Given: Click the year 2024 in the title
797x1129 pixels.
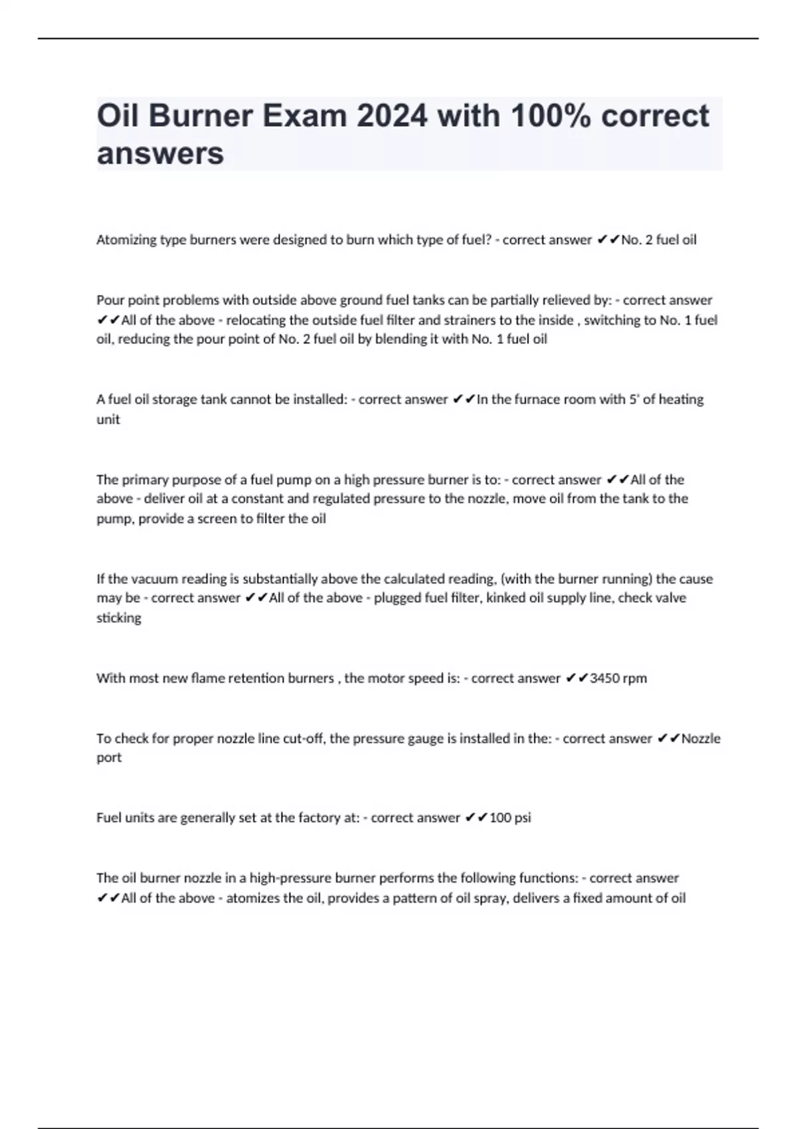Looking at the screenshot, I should click(x=392, y=116).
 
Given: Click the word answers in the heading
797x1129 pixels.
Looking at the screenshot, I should click(x=160, y=153).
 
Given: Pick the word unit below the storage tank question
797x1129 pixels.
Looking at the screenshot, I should click(x=108, y=420).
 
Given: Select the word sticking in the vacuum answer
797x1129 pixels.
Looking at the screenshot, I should click(x=119, y=618).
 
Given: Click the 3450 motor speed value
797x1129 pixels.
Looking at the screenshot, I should click(x=604, y=679).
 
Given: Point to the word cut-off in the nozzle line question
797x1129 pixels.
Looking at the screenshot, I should click(x=303, y=738).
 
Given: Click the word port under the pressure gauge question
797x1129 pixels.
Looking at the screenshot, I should click(x=109, y=758).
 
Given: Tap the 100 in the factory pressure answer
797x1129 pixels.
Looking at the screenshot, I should click(x=500, y=818).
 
